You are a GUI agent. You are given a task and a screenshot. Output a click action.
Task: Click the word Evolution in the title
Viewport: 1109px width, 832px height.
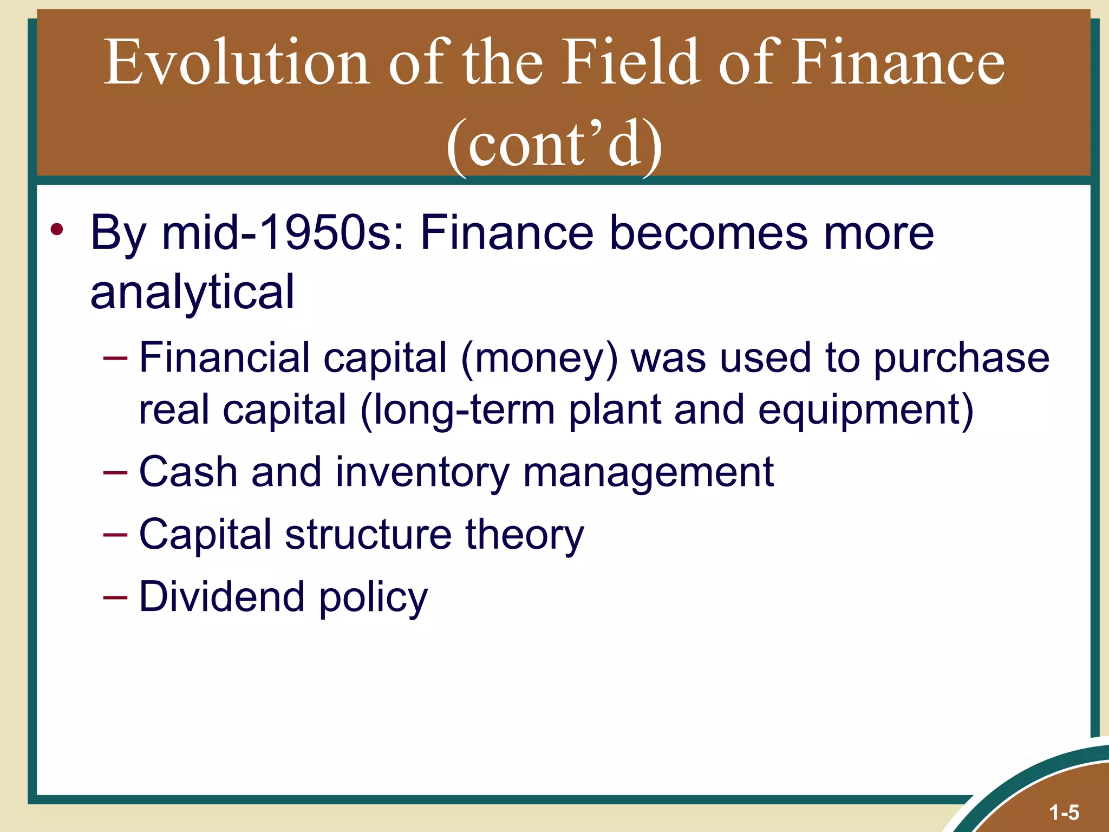(237, 62)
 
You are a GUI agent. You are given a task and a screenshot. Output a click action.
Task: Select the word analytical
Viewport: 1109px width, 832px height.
(192, 292)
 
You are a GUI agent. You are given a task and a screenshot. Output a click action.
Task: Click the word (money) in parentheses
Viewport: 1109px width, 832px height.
(539, 358)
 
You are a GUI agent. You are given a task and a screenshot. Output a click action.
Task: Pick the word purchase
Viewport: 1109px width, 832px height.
(961, 359)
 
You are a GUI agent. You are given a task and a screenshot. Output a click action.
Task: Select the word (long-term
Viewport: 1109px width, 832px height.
(458, 410)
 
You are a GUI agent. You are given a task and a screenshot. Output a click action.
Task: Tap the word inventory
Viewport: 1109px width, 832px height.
(422, 472)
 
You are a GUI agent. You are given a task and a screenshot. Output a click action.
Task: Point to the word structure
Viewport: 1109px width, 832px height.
(368, 534)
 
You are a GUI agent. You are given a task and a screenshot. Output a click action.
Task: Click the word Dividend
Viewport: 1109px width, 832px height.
(221, 596)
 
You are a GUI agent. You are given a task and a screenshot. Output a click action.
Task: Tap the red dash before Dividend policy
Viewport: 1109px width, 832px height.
(115, 597)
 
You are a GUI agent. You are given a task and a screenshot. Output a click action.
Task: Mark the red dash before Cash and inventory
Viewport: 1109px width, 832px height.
(115, 472)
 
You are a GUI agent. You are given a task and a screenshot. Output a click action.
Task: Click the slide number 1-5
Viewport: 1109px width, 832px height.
(1064, 812)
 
